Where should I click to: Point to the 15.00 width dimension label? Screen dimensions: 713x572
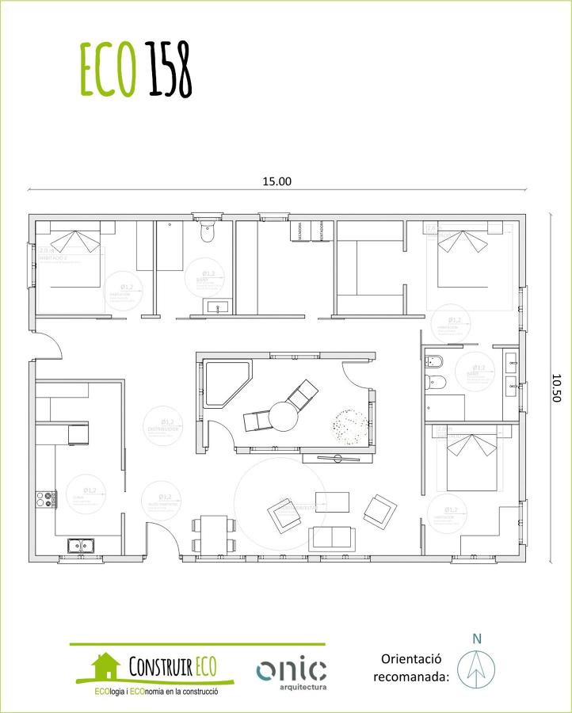277,181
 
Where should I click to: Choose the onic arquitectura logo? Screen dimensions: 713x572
291,673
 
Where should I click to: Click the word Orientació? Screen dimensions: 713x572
410,659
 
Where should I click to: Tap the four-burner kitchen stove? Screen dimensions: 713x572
46,498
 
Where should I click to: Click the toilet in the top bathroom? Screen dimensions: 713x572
208,233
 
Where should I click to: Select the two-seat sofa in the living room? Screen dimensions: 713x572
332,538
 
